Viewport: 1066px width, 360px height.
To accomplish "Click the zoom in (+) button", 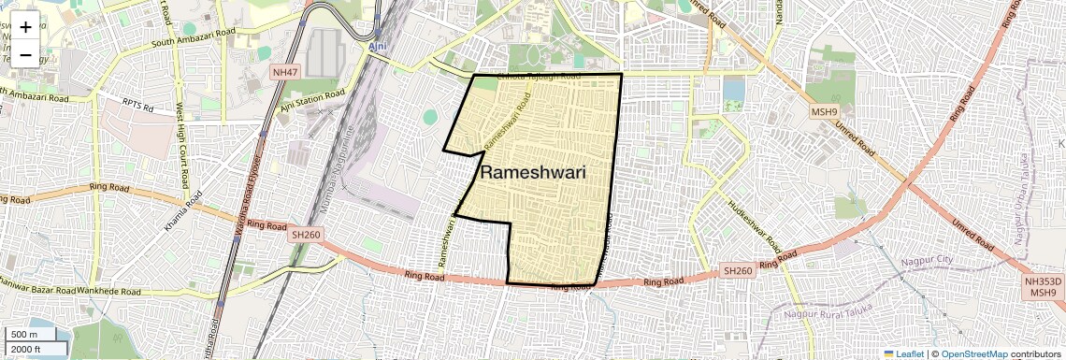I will pos(25,27).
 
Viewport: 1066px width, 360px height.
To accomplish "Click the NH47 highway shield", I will pos(284,71).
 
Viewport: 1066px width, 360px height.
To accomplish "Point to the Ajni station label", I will pos(377,46).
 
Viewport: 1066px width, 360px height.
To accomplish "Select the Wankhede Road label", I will pos(109,293).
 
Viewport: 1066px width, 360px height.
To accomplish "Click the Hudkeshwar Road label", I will pos(755,224).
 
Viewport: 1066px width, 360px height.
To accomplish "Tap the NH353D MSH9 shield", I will pos(1042,287).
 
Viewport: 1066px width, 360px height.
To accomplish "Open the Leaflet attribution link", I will pos(906,354).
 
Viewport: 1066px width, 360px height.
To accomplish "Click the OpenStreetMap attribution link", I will pos(974,354).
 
